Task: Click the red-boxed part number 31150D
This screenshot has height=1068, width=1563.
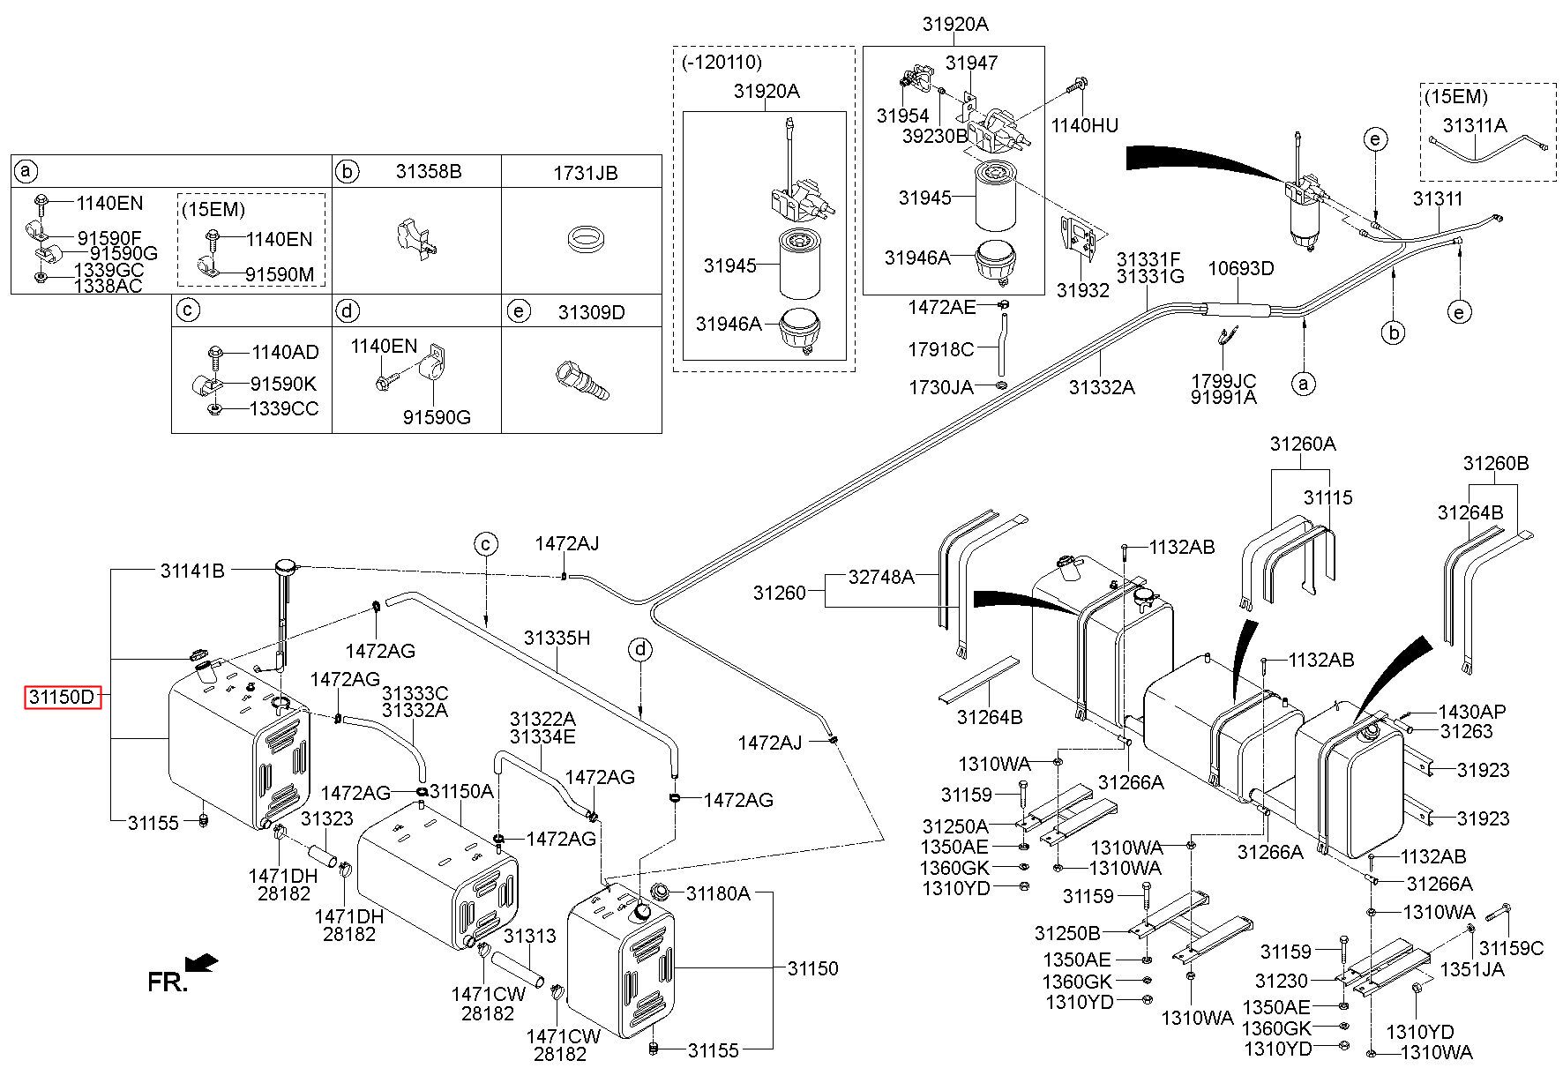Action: pos(62,697)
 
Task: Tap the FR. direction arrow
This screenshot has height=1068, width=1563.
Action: pos(204,962)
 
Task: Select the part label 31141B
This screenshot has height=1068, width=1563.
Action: pos(192,571)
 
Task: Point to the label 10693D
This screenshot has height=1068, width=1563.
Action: pos(1241,268)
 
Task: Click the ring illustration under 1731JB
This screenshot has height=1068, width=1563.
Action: pos(582,238)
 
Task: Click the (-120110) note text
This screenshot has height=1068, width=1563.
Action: pos(722,63)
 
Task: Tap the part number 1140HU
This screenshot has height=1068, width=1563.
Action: pos(1084,126)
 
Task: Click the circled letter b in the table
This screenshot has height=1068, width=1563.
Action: pos(348,171)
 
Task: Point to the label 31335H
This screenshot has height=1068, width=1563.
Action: pos(556,637)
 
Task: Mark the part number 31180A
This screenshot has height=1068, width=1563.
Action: pos(718,893)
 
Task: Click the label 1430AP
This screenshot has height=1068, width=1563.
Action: pos(1472,712)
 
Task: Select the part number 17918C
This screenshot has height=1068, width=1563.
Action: pos(940,350)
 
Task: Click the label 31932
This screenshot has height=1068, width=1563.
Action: pos(1082,289)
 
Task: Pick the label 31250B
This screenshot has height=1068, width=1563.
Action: pos(1067,933)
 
